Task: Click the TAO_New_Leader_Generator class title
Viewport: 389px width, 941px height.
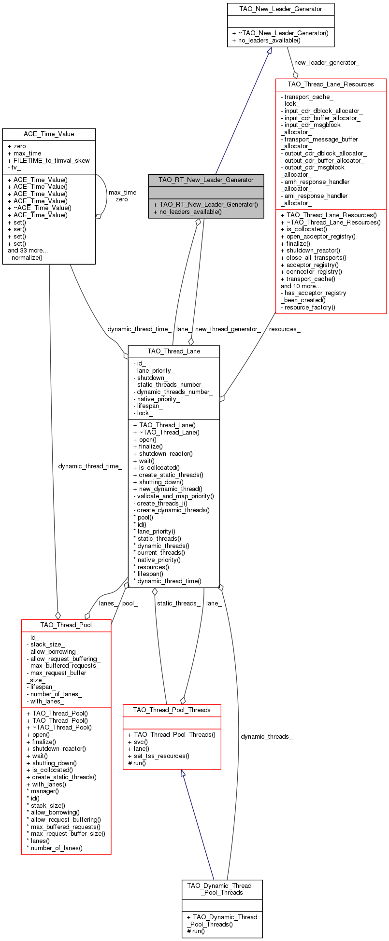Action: [280, 9]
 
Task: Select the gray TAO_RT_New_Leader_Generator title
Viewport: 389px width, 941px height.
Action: [206, 180]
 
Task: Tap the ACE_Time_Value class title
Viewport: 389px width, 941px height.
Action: [49, 134]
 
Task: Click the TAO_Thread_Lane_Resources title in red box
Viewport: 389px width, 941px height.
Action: [331, 84]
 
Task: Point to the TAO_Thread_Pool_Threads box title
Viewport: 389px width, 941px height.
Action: [172, 710]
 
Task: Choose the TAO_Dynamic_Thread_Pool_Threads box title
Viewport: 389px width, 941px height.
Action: [222, 889]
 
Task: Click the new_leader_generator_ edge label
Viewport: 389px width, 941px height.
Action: [327, 62]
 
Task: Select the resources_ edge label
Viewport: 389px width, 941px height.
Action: [285, 329]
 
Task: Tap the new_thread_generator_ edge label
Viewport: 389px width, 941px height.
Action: [228, 329]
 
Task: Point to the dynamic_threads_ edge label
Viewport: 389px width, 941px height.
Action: [267, 736]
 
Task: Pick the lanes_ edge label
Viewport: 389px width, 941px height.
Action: [107, 603]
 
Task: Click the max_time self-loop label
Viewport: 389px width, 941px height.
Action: [122, 192]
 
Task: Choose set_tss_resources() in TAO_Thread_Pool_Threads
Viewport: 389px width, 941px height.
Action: [161, 756]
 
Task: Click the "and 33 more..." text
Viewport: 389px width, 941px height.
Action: [28, 251]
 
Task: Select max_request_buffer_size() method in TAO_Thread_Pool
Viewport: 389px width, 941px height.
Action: [68, 833]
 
